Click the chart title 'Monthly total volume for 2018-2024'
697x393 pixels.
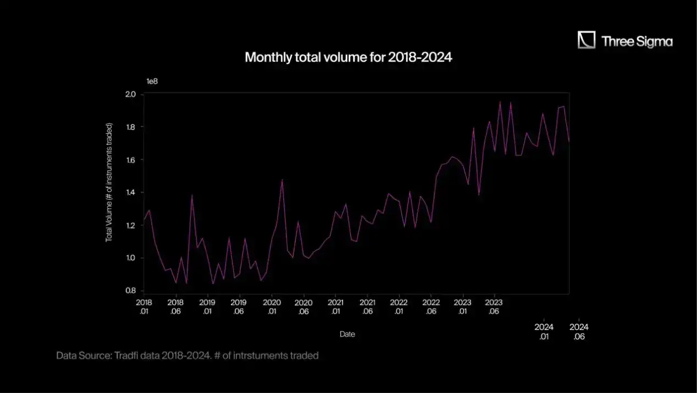coord(348,57)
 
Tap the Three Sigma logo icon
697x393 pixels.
coord(587,40)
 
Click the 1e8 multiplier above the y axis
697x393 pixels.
coord(152,81)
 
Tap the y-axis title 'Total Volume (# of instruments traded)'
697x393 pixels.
coord(109,182)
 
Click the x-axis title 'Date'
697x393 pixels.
coord(347,334)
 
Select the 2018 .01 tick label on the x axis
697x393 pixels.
coord(143,307)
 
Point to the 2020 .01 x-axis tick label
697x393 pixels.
coord(272,307)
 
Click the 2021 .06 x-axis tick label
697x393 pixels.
coord(367,307)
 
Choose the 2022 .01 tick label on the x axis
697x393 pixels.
coord(399,307)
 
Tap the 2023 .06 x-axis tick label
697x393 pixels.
coord(494,307)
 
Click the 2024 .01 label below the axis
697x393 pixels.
coord(544,331)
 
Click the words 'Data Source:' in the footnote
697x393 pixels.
coord(84,356)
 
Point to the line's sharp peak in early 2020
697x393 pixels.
coord(282,179)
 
